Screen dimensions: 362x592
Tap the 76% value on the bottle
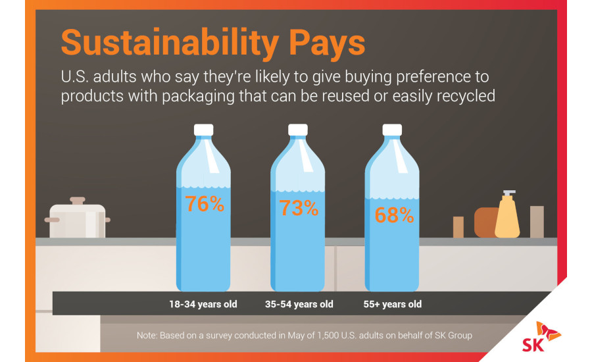(x=205, y=205)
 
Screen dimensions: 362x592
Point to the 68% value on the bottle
(x=393, y=215)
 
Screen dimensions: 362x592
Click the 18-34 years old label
(x=203, y=305)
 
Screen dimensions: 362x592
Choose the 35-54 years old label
(x=299, y=305)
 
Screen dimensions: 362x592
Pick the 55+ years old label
(x=393, y=305)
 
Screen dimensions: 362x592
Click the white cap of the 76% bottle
(x=204, y=129)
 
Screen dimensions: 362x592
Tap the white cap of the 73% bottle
(x=299, y=129)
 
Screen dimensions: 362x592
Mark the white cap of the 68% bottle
(x=393, y=129)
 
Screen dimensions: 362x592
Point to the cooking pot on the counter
(x=78, y=221)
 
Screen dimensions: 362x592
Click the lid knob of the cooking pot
(x=78, y=199)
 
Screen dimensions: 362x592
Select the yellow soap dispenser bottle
(x=508, y=217)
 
